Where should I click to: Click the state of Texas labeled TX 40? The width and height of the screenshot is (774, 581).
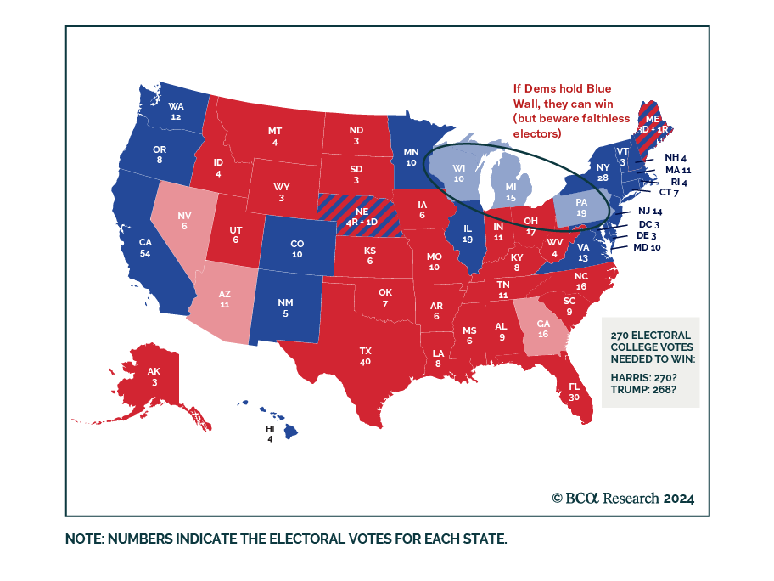tap(366, 355)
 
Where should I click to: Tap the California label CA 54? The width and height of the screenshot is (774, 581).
tap(145, 248)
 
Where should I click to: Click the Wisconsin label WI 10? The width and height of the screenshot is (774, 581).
tap(458, 174)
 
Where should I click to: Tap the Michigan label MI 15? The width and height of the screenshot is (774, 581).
tap(511, 192)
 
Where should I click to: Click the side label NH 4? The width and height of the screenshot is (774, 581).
tap(676, 157)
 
